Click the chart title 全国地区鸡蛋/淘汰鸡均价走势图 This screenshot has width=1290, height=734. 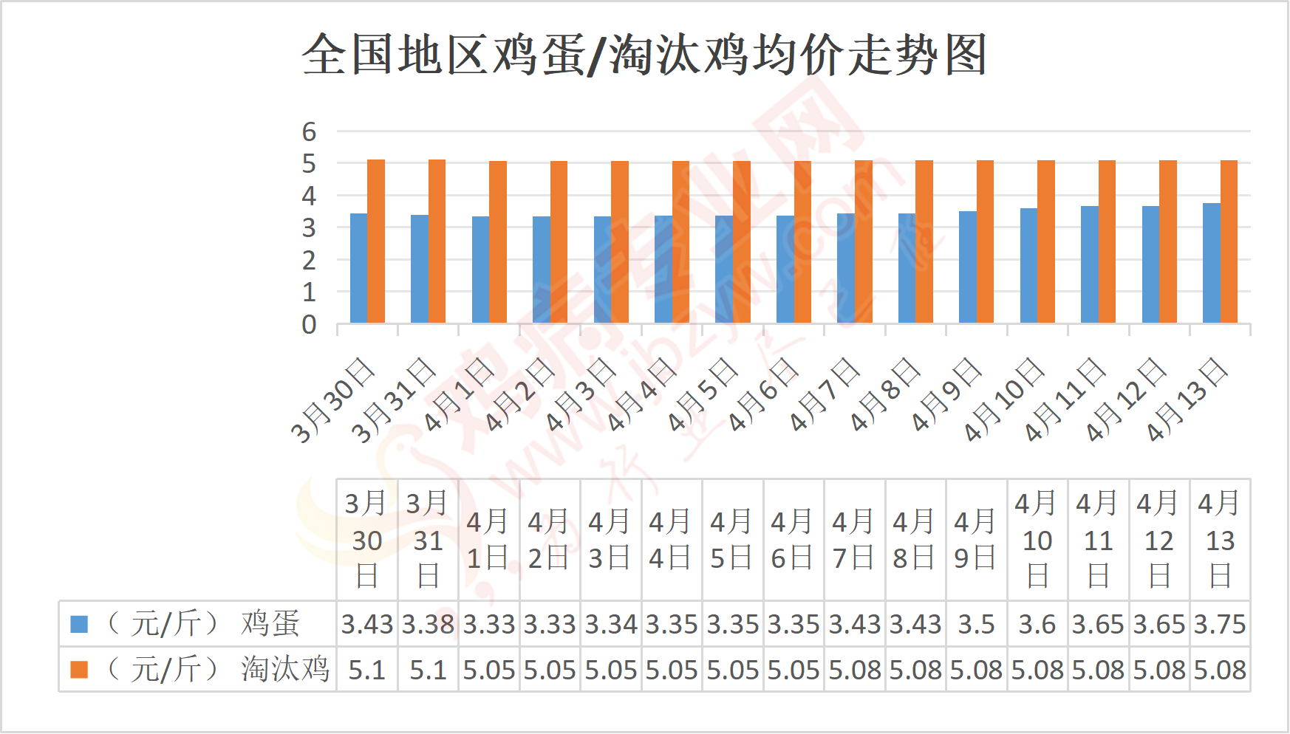tap(644, 55)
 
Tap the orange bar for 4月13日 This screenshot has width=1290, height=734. tap(1229, 241)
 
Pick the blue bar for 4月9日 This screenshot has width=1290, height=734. tap(967, 267)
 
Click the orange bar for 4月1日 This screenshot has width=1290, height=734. tap(498, 242)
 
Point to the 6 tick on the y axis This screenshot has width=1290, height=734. tap(309, 131)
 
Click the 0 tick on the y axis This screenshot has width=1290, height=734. tap(309, 324)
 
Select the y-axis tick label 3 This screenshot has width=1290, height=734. tap(309, 228)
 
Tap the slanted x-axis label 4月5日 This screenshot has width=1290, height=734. tap(703, 394)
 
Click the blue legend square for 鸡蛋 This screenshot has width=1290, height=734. tap(79, 624)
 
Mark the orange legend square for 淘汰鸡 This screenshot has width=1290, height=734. tap(79, 670)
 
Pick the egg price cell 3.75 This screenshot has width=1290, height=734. tap(1220, 624)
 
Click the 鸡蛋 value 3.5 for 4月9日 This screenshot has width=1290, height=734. tap(976, 624)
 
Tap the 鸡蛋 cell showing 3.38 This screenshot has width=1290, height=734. tap(428, 624)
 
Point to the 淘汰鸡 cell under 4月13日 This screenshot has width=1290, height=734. tap(1220, 670)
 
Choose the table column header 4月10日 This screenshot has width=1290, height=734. tap(1037, 540)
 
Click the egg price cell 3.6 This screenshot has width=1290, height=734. tap(1037, 624)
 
